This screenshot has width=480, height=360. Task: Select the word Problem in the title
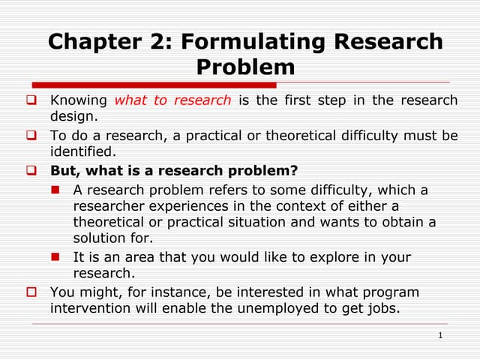click(245, 67)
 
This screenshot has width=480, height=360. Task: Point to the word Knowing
click(79, 100)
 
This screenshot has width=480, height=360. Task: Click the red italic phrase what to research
click(173, 100)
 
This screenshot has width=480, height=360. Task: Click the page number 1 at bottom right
click(441, 335)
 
